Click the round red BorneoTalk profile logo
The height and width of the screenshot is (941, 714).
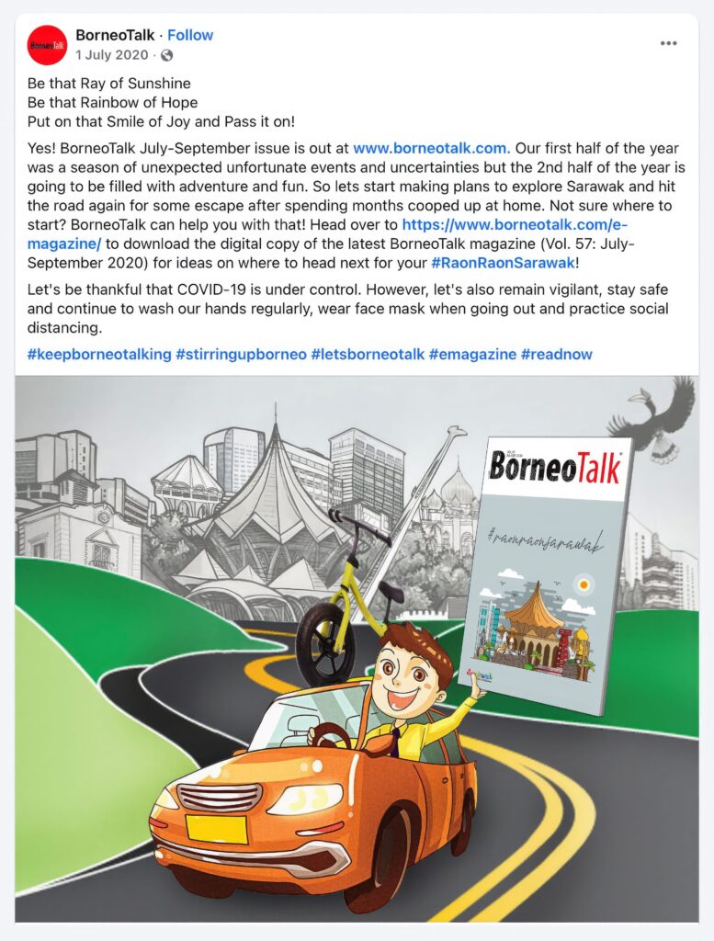click(47, 45)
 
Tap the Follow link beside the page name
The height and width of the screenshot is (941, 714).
click(190, 35)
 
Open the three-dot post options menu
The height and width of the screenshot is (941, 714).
click(669, 44)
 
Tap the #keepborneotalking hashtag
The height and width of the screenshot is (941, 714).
click(99, 354)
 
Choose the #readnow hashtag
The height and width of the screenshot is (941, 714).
click(556, 354)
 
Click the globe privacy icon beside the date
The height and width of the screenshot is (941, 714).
click(167, 55)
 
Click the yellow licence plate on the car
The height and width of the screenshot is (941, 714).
click(216, 828)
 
